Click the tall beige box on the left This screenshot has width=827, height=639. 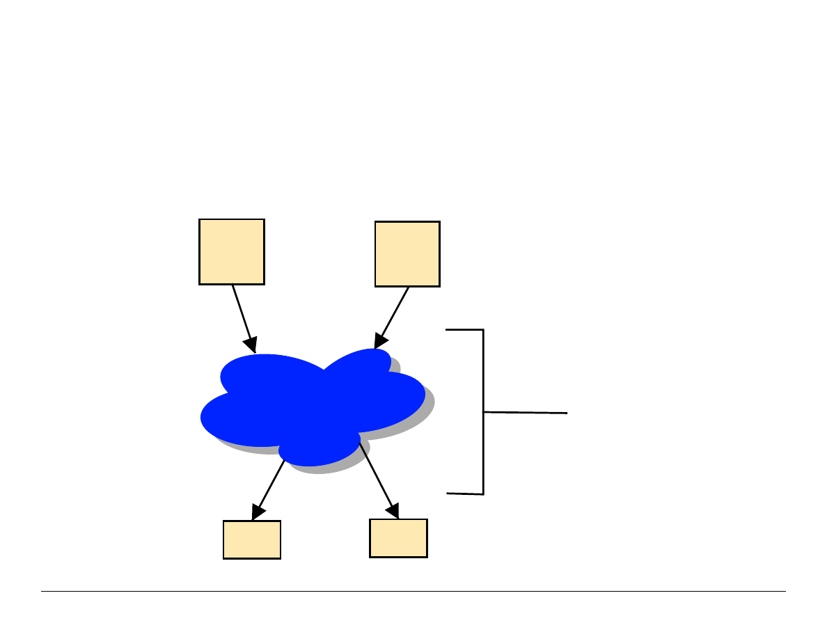(232, 251)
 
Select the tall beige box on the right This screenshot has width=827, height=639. (407, 254)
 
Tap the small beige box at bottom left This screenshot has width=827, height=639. (252, 539)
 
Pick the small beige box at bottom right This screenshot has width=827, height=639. (398, 538)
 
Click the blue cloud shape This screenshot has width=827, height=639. (313, 404)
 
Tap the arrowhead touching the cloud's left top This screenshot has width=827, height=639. (251, 345)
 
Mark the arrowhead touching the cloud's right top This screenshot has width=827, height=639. (379, 340)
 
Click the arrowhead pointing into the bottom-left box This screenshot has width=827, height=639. (258, 514)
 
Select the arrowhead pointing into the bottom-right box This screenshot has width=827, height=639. (393, 512)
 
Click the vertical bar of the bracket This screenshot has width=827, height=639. (483, 411)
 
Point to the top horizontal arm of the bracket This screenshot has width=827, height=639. (464, 330)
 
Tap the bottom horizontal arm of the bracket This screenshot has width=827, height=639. (464, 494)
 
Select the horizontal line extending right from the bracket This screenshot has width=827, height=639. (526, 413)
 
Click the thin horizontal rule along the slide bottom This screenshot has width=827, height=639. (413, 592)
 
